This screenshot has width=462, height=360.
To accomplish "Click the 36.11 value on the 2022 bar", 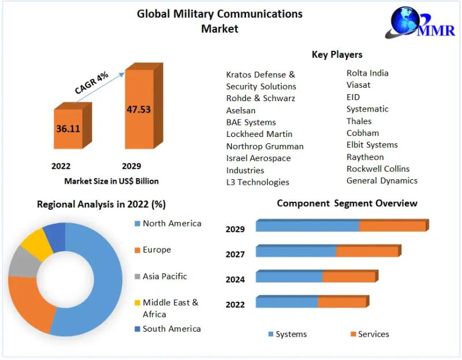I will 68,128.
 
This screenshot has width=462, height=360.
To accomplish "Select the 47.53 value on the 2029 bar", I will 139,109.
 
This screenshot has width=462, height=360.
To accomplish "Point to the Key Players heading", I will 337,54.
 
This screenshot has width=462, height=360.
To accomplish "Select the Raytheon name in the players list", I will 365,157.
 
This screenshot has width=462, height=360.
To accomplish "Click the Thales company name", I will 359,121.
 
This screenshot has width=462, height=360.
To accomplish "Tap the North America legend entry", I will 172,223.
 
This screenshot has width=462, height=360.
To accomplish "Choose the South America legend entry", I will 172,328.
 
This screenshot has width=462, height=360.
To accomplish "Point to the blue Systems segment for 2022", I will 286,302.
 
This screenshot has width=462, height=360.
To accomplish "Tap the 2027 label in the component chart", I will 235,254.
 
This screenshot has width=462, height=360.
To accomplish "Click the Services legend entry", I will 373,334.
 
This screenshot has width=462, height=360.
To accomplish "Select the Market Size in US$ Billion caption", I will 111,181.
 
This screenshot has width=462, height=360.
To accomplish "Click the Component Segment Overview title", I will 346,203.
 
